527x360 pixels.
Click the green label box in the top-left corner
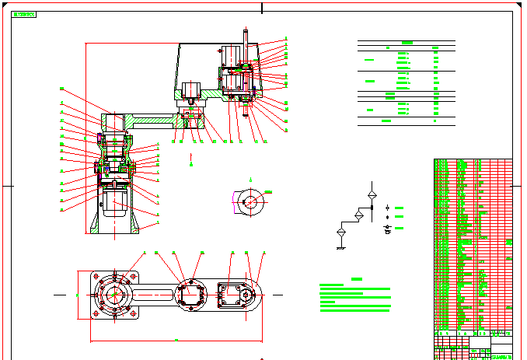tap(24, 15)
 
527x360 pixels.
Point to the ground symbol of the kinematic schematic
tap(340, 247)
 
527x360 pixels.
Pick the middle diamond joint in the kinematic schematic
tap(358, 214)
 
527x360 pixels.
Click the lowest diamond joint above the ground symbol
tap(340, 232)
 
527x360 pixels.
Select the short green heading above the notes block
tap(357, 279)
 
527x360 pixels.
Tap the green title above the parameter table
tap(407, 43)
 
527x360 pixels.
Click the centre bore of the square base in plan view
tap(114, 295)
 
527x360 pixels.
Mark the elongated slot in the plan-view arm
tap(159, 295)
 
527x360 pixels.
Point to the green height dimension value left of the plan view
tap(76, 295)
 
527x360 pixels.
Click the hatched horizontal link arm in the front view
tap(155, 121)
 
